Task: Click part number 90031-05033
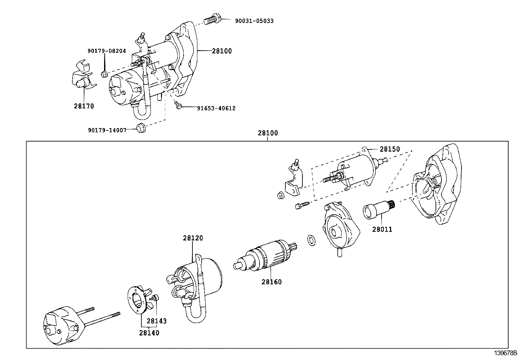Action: click(254, 21)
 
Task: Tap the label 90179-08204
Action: click(106, 51)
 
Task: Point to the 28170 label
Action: click(84, 106)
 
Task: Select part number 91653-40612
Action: click(216, 108)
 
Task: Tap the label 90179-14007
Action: click(107, 130)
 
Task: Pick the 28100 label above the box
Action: click(268, 133)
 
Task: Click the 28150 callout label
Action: click(389, 149)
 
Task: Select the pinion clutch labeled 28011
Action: click(380, 209)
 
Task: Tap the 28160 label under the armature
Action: click(271, 282)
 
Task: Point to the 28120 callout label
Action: click(193, 238)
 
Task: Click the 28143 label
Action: click(156, 321)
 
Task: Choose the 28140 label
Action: click(149, 333)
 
